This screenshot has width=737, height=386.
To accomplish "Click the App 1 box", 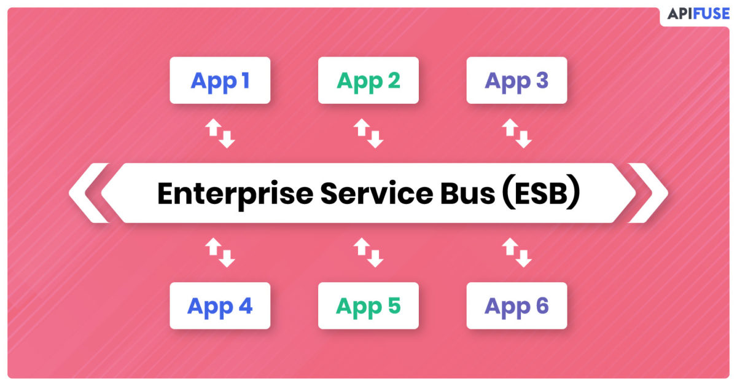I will click(x=220, y=80).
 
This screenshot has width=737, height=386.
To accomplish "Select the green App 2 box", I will click(x=368, y=80).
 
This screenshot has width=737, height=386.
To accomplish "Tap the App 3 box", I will click(x=517, y=80).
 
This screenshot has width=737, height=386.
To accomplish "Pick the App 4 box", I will click(x=220, y=305).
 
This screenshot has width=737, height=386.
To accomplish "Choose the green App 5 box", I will click(x=368, y=305).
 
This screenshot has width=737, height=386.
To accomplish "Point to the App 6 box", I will click(x=517, y=305).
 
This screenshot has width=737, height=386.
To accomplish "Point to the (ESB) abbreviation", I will click(x=541, y=193).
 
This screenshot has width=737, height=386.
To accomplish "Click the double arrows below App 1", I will click(x=220, y=133).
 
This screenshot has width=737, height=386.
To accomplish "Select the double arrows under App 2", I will click(x=368, y=133).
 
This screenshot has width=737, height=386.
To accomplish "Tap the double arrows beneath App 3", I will click(x=517, y=133).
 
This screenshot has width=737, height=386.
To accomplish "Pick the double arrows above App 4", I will click(x=220, y=253).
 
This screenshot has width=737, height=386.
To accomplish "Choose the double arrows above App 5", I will click(x=368, y=253).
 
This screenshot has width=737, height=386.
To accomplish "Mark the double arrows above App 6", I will click(x=517, y=253).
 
